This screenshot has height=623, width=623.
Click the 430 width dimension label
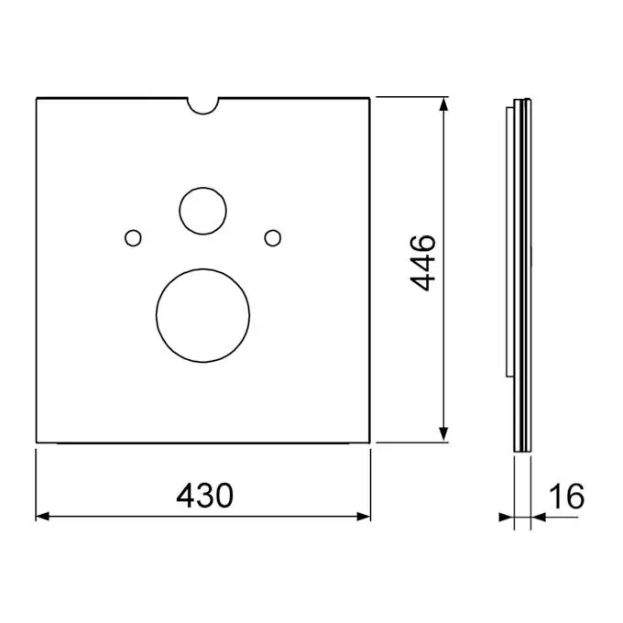click(x=204, y=496)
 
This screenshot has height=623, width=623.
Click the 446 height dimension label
click(x=422, y=263)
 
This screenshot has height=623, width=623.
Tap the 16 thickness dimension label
click(x=566, y=496)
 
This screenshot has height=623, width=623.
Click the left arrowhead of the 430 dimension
click(x=42, y=517)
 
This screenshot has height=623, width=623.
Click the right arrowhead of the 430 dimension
click(x=364, y=517)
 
